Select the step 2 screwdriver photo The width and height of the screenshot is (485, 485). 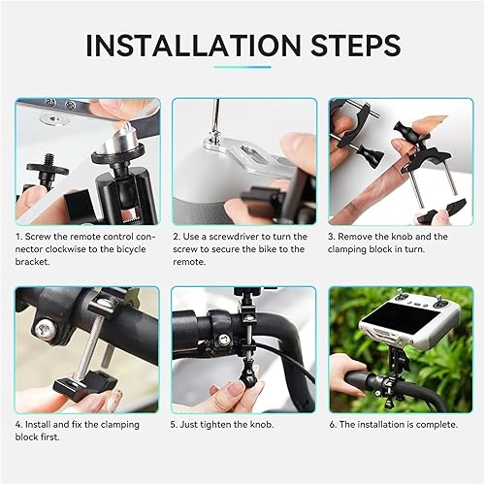243,161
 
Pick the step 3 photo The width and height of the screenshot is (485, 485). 401,161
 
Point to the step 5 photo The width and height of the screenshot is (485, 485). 243,347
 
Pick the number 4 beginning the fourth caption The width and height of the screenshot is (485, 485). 19,424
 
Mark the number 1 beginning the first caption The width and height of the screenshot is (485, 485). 19,237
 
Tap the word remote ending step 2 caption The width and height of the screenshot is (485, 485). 190,262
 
